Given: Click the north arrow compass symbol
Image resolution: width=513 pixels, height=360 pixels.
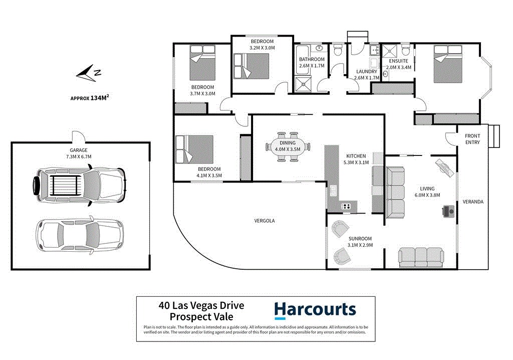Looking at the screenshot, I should (x=88, y=73).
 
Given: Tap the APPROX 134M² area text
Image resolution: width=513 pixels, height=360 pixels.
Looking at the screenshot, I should (x=90, y=98).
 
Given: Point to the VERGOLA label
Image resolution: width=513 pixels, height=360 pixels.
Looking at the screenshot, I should (x=265, y=221).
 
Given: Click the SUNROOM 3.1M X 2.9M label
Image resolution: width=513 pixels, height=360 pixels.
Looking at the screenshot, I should (x=360, y=242).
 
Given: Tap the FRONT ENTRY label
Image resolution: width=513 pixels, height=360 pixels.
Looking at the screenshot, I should (x=472, y=139).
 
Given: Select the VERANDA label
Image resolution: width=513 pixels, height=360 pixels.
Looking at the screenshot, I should (x=472, y=202).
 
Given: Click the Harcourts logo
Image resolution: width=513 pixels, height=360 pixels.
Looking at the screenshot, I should (x=315, y=310).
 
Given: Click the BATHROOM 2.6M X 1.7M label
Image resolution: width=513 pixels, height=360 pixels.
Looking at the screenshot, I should (x=312, y=62).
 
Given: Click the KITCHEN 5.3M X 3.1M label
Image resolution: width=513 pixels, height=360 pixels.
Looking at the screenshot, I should (x=356, y=159).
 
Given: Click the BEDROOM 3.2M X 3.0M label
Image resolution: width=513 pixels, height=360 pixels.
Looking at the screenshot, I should (x=262, y=44).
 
